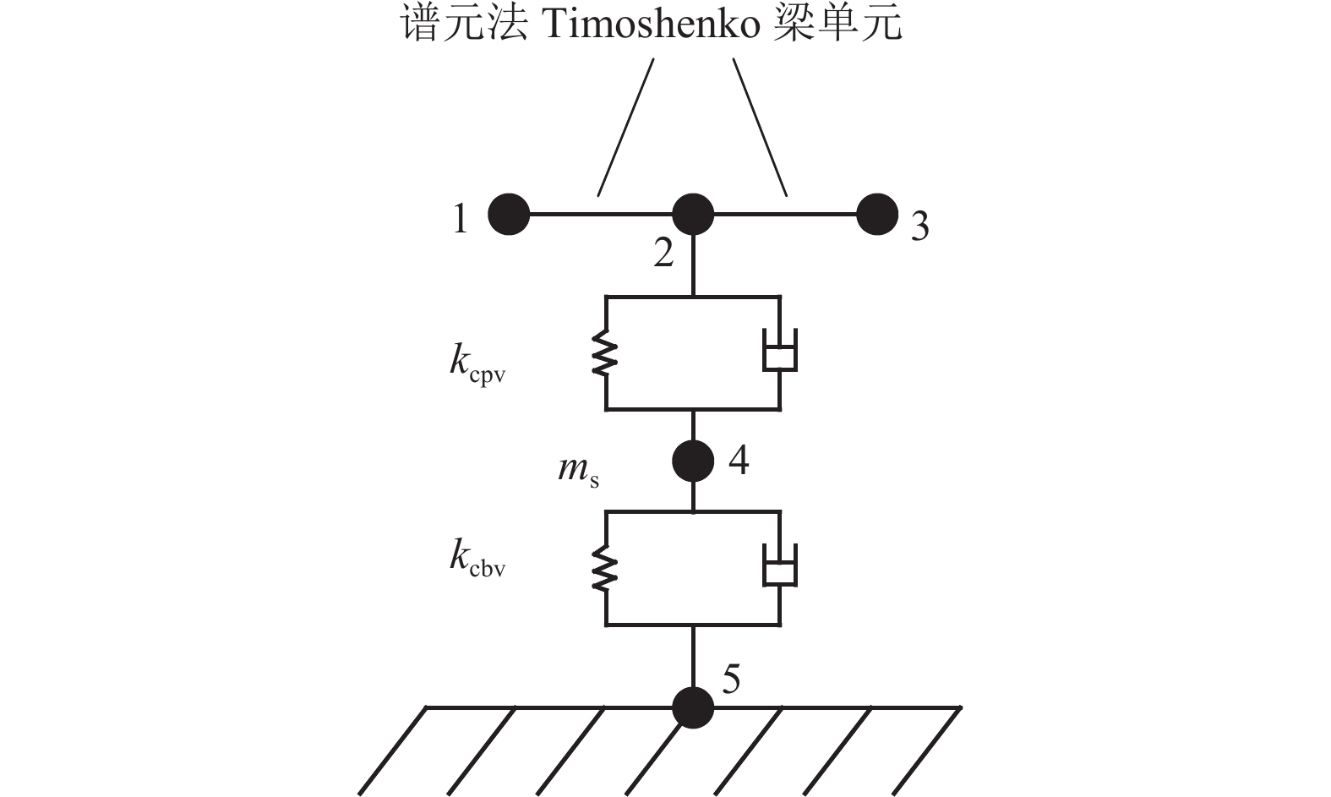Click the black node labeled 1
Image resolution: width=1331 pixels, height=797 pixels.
tap(509, 215)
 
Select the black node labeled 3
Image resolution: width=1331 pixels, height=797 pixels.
tap(877, 215)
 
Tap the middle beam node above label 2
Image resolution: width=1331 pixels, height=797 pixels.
tap(693, 215)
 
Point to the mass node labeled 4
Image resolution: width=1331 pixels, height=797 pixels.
tap(693, 461)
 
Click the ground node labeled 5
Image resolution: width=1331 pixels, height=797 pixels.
tap(693, 707)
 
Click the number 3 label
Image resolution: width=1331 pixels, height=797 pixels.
tap(920, 227)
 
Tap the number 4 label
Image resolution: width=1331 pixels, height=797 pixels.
tap(739, 461)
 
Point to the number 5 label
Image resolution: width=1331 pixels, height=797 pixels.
tap(732, 679)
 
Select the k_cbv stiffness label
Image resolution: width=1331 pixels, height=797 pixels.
tap(477, 560)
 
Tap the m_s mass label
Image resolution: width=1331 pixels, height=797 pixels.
tap(579, 470)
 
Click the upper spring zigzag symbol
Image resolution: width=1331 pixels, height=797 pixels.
tap(606, 353)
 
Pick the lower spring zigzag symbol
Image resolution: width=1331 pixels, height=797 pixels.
tap(606, 569)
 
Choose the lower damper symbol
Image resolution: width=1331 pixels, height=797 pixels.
tap(780, 567)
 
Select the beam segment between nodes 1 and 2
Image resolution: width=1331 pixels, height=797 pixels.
tap(600, 215)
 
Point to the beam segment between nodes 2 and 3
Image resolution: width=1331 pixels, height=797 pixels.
tap(786, 215)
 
